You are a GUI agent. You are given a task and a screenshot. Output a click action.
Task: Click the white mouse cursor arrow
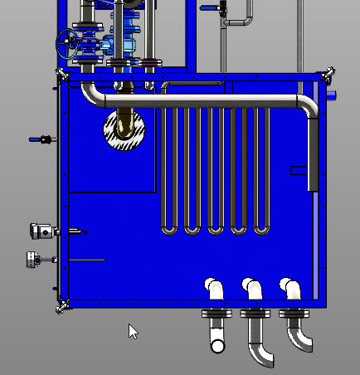tap(132, 330)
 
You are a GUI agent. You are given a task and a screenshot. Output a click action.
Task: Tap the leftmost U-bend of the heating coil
tap(169, 226)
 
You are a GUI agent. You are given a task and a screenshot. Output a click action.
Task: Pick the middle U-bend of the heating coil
tap(216, 226)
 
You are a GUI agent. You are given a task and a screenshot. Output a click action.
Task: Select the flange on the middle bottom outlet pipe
tap(256, 314)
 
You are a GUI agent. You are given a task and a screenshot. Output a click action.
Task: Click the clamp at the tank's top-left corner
tap(61, 75)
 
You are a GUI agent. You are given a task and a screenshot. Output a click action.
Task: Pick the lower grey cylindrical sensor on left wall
tap(36, 261)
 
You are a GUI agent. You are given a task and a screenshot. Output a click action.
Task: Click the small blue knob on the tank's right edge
tap(333, 95)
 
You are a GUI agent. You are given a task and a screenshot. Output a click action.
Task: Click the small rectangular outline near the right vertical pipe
tap(298, 172)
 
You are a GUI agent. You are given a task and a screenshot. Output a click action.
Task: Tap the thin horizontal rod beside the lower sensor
tap(86, 261)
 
